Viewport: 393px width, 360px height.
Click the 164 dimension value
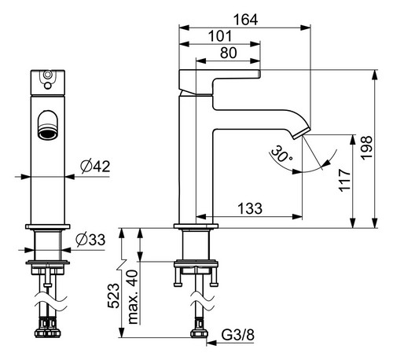point(245,20)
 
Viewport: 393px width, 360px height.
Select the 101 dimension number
point(220,36)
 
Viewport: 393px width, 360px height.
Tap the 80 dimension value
point(229,53)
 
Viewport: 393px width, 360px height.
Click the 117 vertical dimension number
point(345,180)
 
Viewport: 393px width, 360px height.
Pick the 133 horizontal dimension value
point(250,208)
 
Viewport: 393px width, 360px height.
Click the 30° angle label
point(281,154)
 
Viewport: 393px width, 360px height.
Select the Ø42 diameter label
point(95,166)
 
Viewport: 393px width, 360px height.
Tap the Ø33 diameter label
point(90,240)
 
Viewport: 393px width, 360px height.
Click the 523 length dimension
point(114,296)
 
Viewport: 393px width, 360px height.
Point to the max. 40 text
point(133,297)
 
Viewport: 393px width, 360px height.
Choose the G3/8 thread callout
point(238,335)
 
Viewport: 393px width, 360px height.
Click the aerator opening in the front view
point(48,134)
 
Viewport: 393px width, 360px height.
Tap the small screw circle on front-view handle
point(47,86)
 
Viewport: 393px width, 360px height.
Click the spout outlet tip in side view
point(301,133)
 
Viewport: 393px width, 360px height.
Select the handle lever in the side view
point(220,81)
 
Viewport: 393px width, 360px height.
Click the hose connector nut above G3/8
point(199,333)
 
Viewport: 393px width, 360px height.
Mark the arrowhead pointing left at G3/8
point(211,343)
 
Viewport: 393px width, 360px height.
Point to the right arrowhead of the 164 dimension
point(306,28)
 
